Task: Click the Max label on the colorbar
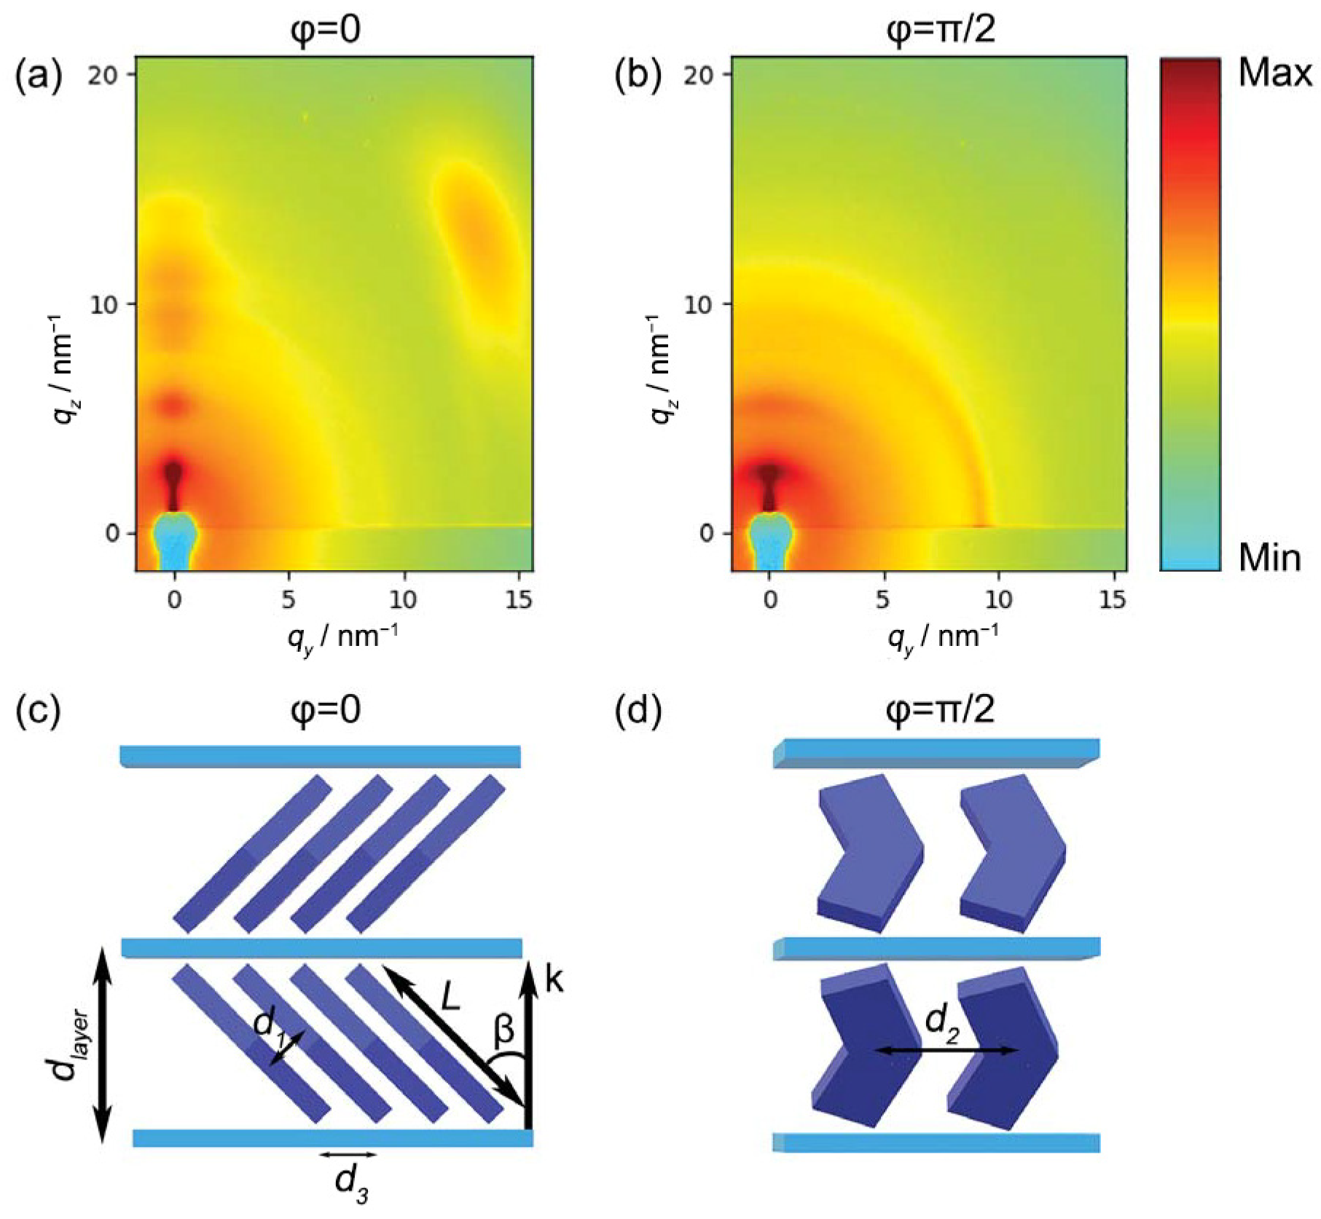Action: click(x=1274, y=74)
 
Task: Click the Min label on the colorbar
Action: click(x=1269, y=559)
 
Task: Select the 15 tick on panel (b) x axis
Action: click(x=1112, y=599)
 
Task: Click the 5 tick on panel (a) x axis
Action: click(x=289, y=599)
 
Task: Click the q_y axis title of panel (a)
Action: click(x=342, y=638)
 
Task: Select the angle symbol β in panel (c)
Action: click(x=503, y=1030)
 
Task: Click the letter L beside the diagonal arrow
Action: click(x=450, y=996)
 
